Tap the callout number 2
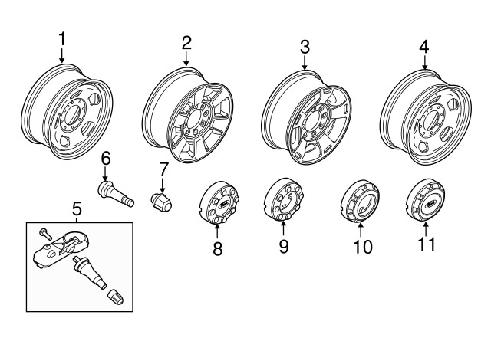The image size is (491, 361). point(186,42)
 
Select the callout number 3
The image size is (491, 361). point(305,48)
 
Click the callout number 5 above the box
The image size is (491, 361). point(77,208)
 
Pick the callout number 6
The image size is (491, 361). point(106,159)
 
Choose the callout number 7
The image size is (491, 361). point(163,169)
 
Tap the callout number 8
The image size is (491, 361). point(218,249)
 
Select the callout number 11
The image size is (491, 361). point(425,244)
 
